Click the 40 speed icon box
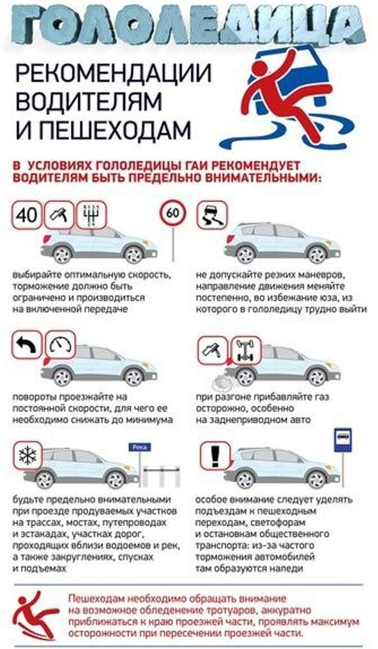(x=27, y=215)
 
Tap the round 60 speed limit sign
(x=173, y=213)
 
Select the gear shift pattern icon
(x=91, y=215)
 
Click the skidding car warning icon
(x=212, y=215)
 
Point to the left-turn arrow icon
(x=27, y=345)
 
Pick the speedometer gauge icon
(x=60, y=345)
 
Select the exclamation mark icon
(x=215, y=455)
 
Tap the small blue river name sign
(x=139, y=447)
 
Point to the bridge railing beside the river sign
(x=162, y=476)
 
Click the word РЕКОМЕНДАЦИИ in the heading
(x=113, y=73)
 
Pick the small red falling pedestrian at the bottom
(x=35, y=615)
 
